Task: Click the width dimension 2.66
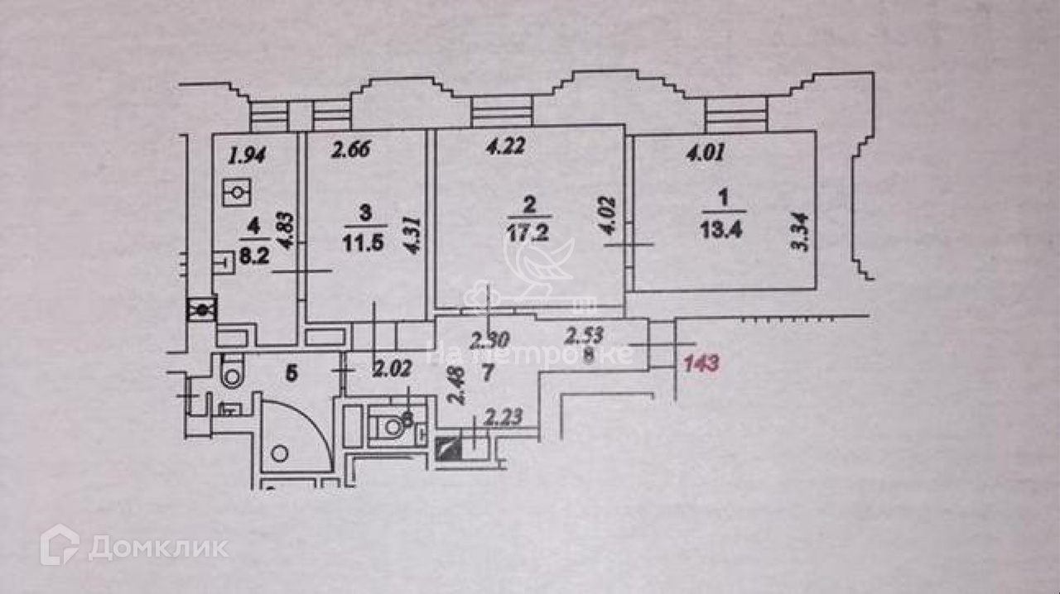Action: (351, 150)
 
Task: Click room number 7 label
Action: (488, 372)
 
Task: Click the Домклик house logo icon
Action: (60, 545)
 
